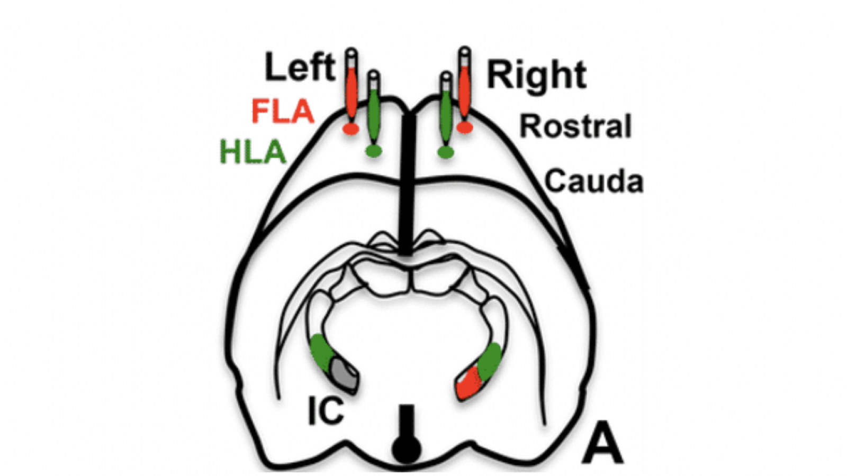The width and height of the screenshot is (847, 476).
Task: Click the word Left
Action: (x=300, y=67)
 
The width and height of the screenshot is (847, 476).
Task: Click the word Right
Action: (x=536, y=75)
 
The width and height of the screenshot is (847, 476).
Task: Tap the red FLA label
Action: (x=282, y=112)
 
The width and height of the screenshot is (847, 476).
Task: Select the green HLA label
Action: (x=253, y=152)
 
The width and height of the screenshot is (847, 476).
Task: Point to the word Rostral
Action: (x=575, y=126)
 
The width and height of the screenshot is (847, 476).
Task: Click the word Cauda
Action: (x=593, y=181)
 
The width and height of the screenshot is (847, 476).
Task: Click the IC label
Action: (x=326, y=411)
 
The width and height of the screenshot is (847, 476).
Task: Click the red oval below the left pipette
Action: (x=351, y=129)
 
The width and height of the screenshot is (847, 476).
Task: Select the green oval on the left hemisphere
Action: (x=374, y=151)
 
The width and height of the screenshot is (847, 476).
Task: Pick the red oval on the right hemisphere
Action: (x=464, y=127)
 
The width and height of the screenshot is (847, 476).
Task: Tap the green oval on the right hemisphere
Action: (x=446, y=153)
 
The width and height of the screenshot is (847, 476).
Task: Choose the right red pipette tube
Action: (x=464, y=87)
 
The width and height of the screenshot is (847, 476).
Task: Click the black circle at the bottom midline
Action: (x=406, y=450)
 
